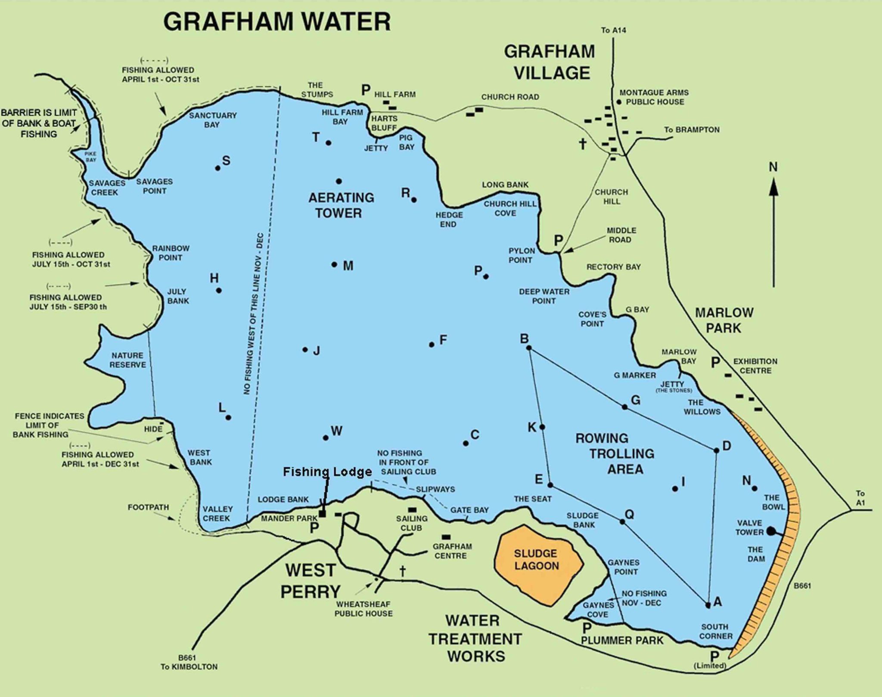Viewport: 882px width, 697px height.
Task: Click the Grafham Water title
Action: point(277,22)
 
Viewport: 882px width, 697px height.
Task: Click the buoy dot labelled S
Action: point(218,168)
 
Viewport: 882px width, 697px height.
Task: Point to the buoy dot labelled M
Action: point(334,264)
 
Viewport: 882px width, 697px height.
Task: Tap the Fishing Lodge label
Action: point(327,472)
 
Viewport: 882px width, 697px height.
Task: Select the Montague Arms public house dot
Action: point(619,102)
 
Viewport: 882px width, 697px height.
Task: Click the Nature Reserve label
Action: point(127,360)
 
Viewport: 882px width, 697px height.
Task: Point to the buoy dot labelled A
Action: point(708,605)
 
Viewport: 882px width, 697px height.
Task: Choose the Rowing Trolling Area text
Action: point(615,453)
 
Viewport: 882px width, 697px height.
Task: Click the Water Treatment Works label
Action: point(475,638)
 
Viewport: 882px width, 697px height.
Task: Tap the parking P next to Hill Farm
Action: point(366,90)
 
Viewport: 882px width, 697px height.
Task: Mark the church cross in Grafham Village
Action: point(583,143)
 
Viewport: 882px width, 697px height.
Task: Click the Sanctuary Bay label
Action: point(213,120)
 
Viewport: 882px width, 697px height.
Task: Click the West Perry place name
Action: point(310,581)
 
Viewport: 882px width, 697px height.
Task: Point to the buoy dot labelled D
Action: point(717,450)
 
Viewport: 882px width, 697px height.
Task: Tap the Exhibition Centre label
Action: point(755,366)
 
